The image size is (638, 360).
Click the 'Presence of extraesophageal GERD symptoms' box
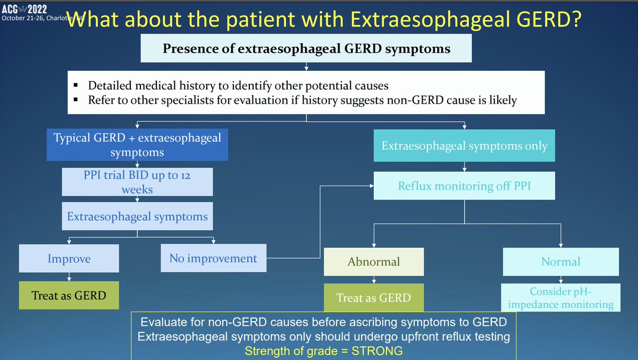306,49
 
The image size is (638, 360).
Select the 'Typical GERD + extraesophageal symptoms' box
137,145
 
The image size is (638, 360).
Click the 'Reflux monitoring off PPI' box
464,186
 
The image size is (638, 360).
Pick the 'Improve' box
69,259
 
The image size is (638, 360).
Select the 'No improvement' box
213,258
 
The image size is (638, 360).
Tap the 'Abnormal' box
374,262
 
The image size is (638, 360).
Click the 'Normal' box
560,262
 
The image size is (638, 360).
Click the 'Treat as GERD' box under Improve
69,295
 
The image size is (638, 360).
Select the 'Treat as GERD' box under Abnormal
374,298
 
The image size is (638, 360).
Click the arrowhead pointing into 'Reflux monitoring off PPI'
370,186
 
